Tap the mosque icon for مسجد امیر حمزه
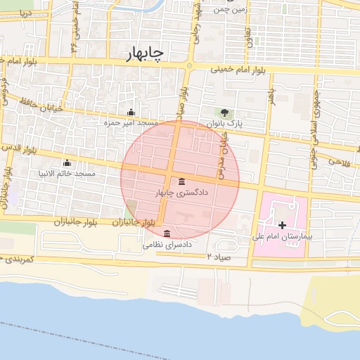(131, 112)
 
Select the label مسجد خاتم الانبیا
(68, 173)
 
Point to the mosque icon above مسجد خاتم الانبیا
(67, 163)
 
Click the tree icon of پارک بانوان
(224, 112)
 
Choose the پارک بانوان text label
(224, 123)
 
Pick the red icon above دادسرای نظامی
(167, 234)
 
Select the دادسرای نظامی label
(167, 245)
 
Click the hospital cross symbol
(283, 225)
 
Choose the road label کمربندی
(14, 259)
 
